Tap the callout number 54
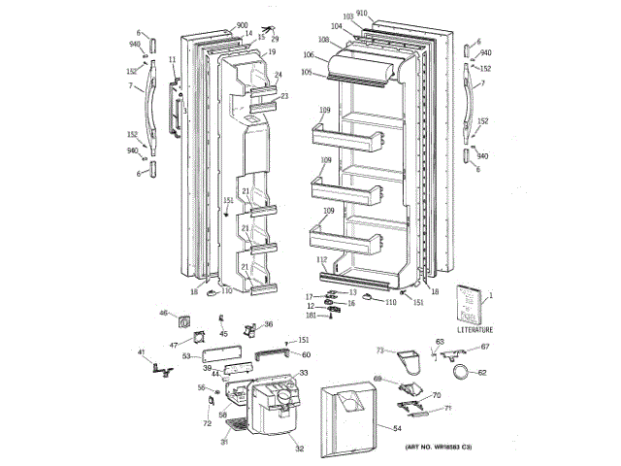[x=397, y=427]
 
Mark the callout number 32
[x=300, y=449]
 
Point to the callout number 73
[x=380, y=349]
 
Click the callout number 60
[x=306, y=354]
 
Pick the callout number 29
[x=275, y=38]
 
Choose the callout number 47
[x=175, y=345]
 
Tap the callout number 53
[x=184, y=357]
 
